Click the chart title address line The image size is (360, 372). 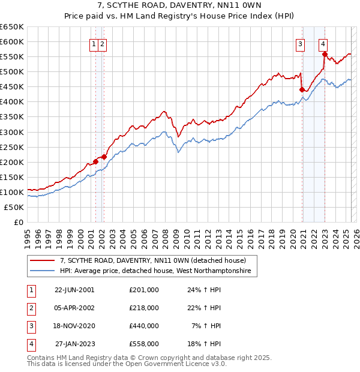click(180, 6)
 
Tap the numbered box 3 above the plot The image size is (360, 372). click(300, 43)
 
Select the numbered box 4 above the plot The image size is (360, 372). click(323, 43)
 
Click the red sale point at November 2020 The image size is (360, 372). click(302, 90)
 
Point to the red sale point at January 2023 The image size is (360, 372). click(325, 54)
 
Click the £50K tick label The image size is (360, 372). click(14, 207)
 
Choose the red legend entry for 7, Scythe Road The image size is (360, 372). click(153, 260)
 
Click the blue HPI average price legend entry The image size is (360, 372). click(158, 271)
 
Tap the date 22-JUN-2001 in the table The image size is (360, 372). click(74, 290)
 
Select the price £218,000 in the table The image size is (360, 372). click(143, 308)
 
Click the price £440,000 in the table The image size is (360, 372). click(143, 326)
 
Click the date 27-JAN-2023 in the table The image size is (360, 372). click(74, 344)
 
